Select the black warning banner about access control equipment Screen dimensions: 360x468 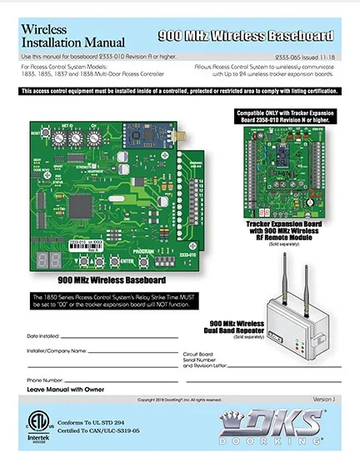180,90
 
